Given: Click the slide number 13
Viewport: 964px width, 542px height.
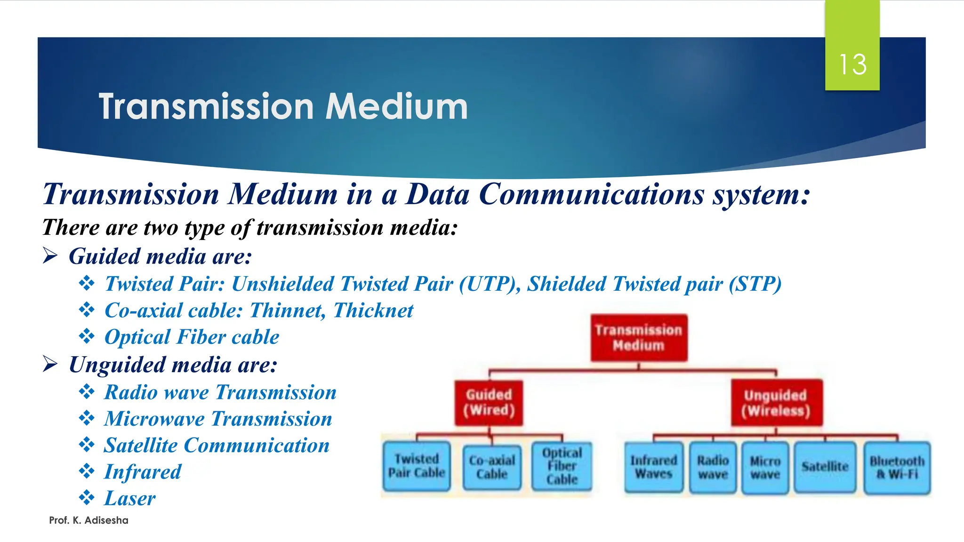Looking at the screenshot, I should [x=852, y=64].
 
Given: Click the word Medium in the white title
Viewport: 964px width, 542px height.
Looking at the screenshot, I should [x=396, y=107].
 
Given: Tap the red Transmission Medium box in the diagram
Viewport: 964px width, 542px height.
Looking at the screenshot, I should [x=639, y=337].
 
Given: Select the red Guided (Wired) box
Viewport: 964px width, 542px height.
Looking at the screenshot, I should [x=489, y=403].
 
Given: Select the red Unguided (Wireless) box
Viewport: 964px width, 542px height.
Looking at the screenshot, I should [x=776, y=403].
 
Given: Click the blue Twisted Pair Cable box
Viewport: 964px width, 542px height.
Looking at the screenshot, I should [x=417, y=466].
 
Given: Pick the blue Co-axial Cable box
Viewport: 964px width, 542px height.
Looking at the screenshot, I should [x=492, y=467].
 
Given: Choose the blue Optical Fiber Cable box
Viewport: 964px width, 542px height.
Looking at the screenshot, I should [x=562, y=466].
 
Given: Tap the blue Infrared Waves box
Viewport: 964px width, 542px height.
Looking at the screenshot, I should [x=654, y=467].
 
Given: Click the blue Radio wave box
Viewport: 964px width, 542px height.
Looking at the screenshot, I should [x=713, y=467].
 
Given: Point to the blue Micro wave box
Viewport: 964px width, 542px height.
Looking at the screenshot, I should [x=765, y=467].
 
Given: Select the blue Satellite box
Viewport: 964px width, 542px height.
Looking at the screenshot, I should [x=825, y=467].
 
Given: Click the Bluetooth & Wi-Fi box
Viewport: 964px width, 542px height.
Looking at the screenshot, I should [x=897, y=467].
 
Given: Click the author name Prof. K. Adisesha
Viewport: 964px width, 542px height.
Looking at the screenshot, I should [x=88, y=520].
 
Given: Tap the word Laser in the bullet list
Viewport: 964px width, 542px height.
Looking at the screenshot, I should [x=129, y=498].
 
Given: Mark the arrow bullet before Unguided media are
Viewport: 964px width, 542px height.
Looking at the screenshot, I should [x=50, y=364].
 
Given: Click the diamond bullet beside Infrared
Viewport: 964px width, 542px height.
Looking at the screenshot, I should [x=87, y=471].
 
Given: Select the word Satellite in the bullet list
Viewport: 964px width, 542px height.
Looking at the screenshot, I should [x=140, y=446].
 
